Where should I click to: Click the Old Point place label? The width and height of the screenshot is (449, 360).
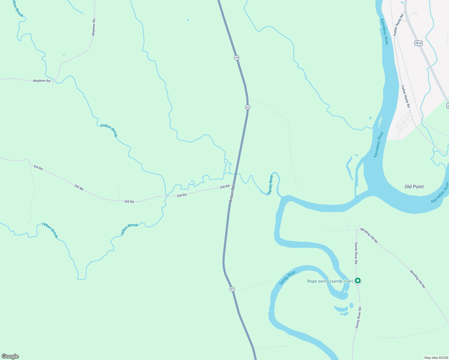pyautogui.click(x=414, y=187)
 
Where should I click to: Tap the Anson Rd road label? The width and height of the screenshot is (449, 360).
pyautogui.click(x=232, y=194)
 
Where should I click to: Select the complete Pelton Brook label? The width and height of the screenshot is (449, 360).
pyautogui.click(x=109, y=130)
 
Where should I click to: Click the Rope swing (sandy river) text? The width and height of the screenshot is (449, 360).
pyautogui.click(x=330, y=281)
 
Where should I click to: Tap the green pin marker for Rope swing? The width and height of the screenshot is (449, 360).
pyautogui.click(x=357, y=281)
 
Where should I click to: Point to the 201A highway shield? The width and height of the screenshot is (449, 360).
pyautogui.click(x=418, y=43)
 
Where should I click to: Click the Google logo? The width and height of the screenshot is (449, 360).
pyautogui.click(x=10, y=356)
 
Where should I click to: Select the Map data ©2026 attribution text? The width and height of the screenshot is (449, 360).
pyautogui.click(x=435, y=358)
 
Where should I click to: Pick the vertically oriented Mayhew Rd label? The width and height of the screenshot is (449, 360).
pyautogui.click(x=94, y=27)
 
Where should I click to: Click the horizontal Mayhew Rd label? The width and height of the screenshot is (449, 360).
pyautogui.click(x=42, y=81)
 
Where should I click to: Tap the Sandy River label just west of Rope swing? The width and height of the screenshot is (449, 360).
pyautogui.click(x=288, y=278)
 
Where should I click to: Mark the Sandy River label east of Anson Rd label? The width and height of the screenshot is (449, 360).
pyautogui.click(x=270, y=184)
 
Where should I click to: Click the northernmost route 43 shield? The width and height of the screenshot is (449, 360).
pyautogui.click(x=237, y=57)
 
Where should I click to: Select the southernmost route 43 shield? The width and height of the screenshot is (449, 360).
pyautogui.click(x=232, y=289)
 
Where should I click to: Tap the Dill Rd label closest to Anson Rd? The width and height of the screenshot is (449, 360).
pyautogui.click(x=225, y=187)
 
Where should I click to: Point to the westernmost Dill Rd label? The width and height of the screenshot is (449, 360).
pyautogui.click(x=38, y=167)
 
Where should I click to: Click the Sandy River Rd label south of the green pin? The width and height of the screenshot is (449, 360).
pyautogui.click(x=358, y=317)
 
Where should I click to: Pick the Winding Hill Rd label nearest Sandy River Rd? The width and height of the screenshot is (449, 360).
pyautogui.click(x=369, y=235)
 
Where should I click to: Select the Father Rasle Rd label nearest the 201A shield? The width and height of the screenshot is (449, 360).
pyautogui.click(x=399, y=25)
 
